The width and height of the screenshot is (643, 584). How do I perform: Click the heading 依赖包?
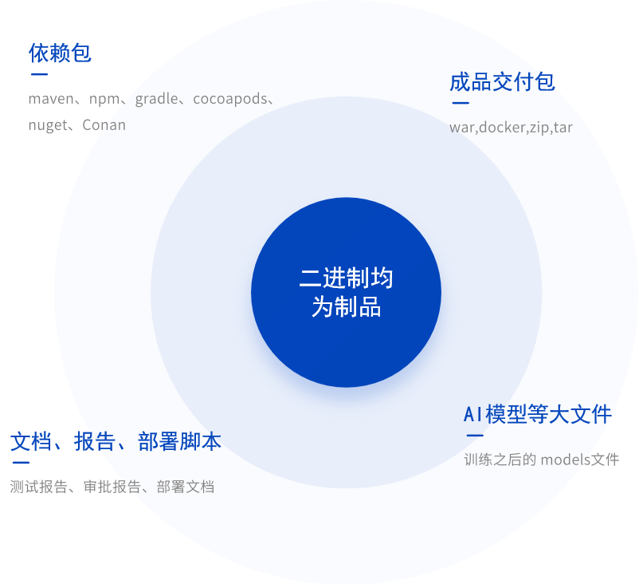pos(60,53)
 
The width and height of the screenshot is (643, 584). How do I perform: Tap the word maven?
pos(51,99)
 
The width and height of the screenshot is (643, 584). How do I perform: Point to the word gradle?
pos(157,100)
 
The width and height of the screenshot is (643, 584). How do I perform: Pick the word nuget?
pos(48,126)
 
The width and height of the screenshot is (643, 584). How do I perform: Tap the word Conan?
pos(104,124)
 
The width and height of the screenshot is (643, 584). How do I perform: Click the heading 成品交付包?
pos(502,81)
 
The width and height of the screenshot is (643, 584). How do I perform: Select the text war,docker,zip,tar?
pos(511,128)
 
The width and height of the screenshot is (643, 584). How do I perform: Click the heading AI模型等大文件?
pos(538,414)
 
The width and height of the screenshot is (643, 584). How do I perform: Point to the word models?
pos(566,460)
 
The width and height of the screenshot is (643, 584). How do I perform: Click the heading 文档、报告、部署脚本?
pos(116,441)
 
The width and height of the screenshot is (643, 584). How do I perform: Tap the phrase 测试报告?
pos(38,487)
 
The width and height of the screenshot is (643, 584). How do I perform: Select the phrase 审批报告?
pos(112,487)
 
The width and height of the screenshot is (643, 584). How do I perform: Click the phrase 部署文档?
pos(186,487)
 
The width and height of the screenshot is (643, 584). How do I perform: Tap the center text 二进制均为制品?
pos(346,293)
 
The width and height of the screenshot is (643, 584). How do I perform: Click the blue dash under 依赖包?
pos(39,74)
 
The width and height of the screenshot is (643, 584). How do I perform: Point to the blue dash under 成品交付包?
pos(461,103)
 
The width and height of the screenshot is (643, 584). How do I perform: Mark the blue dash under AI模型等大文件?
pos(475,436)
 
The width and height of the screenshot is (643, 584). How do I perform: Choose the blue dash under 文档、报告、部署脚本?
pos(21,463)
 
